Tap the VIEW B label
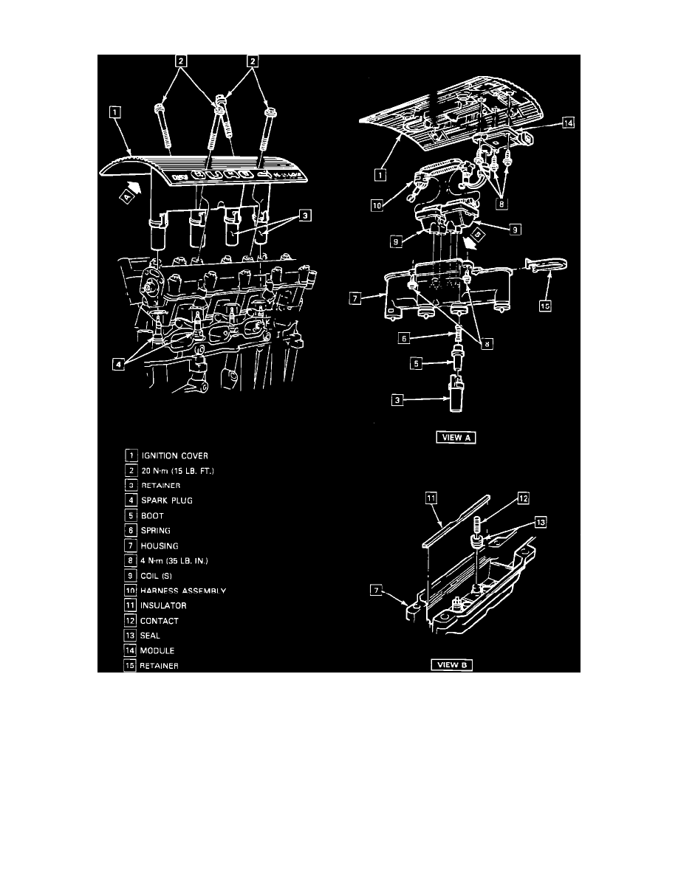451,664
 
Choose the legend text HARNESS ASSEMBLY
184,591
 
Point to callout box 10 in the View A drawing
379,207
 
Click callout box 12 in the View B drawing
524,498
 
